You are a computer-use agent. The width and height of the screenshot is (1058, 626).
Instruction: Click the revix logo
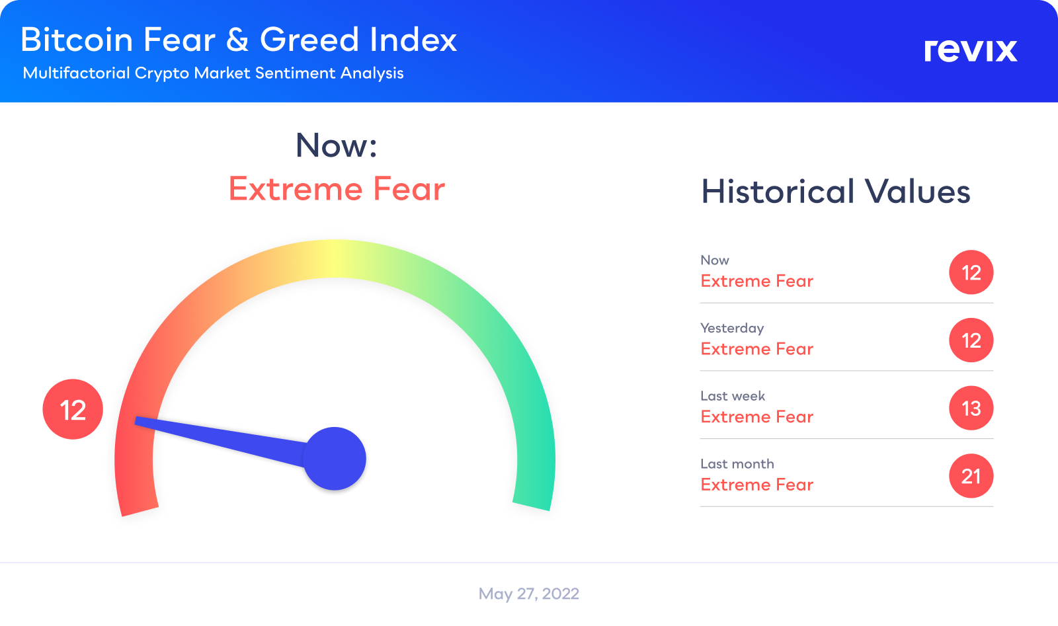pos(971,50)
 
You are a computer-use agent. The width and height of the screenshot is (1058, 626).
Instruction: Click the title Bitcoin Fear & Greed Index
pos(239,39)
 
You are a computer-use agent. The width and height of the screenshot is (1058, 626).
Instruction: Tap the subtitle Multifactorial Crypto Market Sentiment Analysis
pos(213,73)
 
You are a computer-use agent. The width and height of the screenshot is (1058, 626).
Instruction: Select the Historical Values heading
pos(836,191)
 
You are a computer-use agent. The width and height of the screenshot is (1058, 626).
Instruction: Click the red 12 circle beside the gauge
pos(73,409)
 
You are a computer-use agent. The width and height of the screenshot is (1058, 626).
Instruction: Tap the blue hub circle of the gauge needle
pos(335,458)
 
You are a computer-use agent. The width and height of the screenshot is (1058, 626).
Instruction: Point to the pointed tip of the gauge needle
pos(136,420)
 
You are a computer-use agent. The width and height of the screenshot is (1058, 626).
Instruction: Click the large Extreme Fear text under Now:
pos(337,189)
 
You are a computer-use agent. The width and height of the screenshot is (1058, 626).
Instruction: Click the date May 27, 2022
pos(529,594)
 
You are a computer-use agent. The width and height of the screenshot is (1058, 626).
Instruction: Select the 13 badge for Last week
pos(971,408)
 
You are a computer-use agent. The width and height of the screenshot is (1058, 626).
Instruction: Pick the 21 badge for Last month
pos(971,476)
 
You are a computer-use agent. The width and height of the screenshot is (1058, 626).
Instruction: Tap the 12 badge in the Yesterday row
pos(971,340)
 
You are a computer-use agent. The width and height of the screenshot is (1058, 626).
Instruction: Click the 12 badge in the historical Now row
pos(971,272)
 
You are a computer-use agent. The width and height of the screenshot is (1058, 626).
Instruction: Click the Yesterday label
pos(732,328)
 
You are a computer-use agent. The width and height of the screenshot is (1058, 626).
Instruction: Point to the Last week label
pos(733,395)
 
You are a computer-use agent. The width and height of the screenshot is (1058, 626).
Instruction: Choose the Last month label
pos(737,463)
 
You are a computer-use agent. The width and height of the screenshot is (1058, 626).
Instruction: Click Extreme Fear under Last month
pos(757,485)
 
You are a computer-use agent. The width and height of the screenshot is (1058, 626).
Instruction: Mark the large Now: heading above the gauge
pos(337,145)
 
